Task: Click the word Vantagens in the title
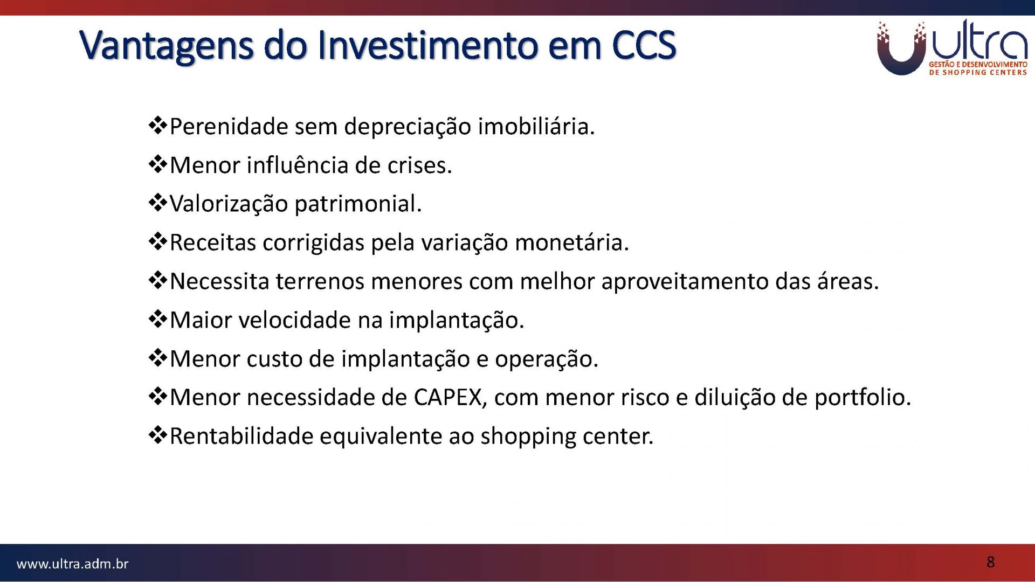tap(166, 45)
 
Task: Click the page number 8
tap(990, 562)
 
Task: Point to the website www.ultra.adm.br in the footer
tap(72, 564)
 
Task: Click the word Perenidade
tap(229, 127)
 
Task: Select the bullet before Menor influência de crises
tap(157, 164)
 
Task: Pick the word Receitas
tap(213, 242)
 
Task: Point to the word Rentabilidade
tap(241, 436)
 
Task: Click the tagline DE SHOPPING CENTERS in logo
tap(978, 72)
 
